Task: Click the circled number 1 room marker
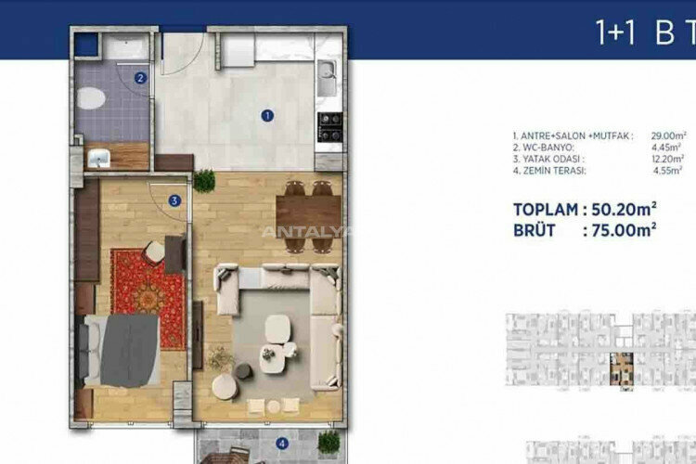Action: pyautogui.click(x=266, y=116)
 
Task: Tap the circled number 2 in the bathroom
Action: pyautogui.click(x=140, y=78)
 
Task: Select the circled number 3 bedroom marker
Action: pyautogui.click(x=174, y=199)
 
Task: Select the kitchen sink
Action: pyautogui.click(x=329, y=78)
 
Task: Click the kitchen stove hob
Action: pyautogui.click(x=329, y=126)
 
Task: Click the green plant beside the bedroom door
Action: pyautogui.click(x=204, y=180)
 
